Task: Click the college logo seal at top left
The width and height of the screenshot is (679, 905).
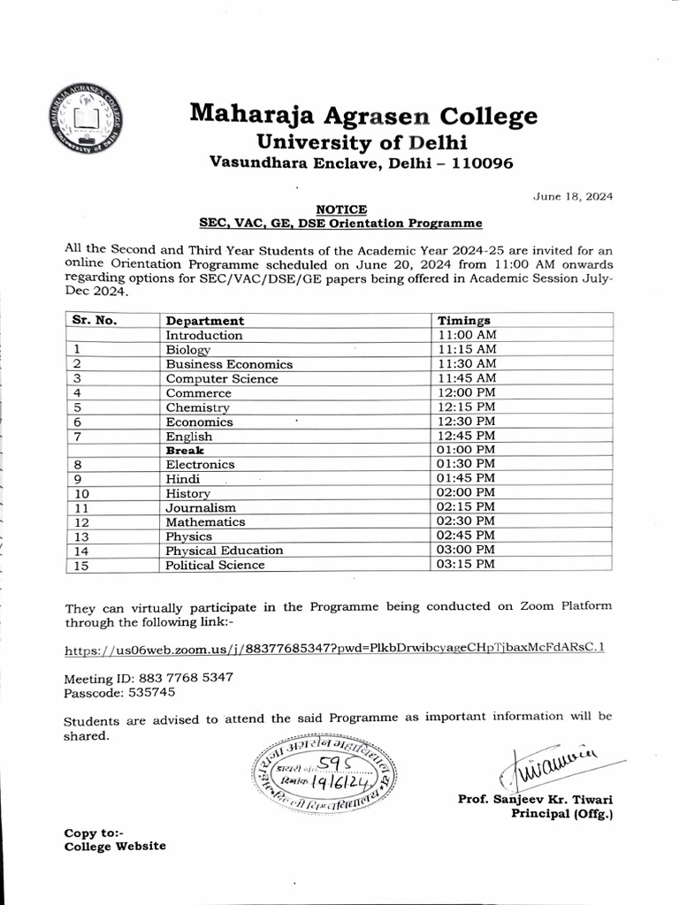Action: pyautogui.click(x=86, y=121)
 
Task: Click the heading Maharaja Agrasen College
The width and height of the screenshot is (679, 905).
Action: pyautogui.click(x=363, y=114)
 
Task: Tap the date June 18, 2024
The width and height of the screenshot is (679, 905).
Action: pyautogui.click(x=573, y=196)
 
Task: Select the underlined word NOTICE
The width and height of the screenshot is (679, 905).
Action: pyautogui.click(x=340, y=209)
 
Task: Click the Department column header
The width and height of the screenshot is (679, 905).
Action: pyautogui.click(x=204, y=321)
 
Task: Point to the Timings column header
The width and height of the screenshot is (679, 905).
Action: pyautogui.click(x=464, y=321)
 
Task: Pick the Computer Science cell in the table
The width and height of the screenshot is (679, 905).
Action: pyautogui.click(x=221, y=378)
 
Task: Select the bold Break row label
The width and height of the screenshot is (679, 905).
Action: pyautogui.click(x=185, y=450)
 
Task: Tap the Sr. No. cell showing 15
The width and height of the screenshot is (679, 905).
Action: pyautogui.click(x=82, y=566)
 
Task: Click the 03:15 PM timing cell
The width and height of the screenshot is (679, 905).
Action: pyautogui.click(x=467, y=565)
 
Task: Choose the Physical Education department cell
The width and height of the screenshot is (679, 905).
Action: pyautogui.click(x=225, y=551)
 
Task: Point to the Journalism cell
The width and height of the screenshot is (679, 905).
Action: pyautogui.click(x=201, y=507)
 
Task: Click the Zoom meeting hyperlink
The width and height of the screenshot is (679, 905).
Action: pyautogui.click(x=335, y=648)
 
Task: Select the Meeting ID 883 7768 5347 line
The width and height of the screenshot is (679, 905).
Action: pyautogui.click(x=149, y=678)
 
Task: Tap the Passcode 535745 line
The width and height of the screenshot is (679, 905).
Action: pyautogui.click(x=119, y=692)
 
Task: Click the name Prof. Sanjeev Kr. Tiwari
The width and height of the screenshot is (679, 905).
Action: pyautogui.click(x=535, y=799)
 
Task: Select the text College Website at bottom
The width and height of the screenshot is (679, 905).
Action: pyautogui.click(x=115, y=846)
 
